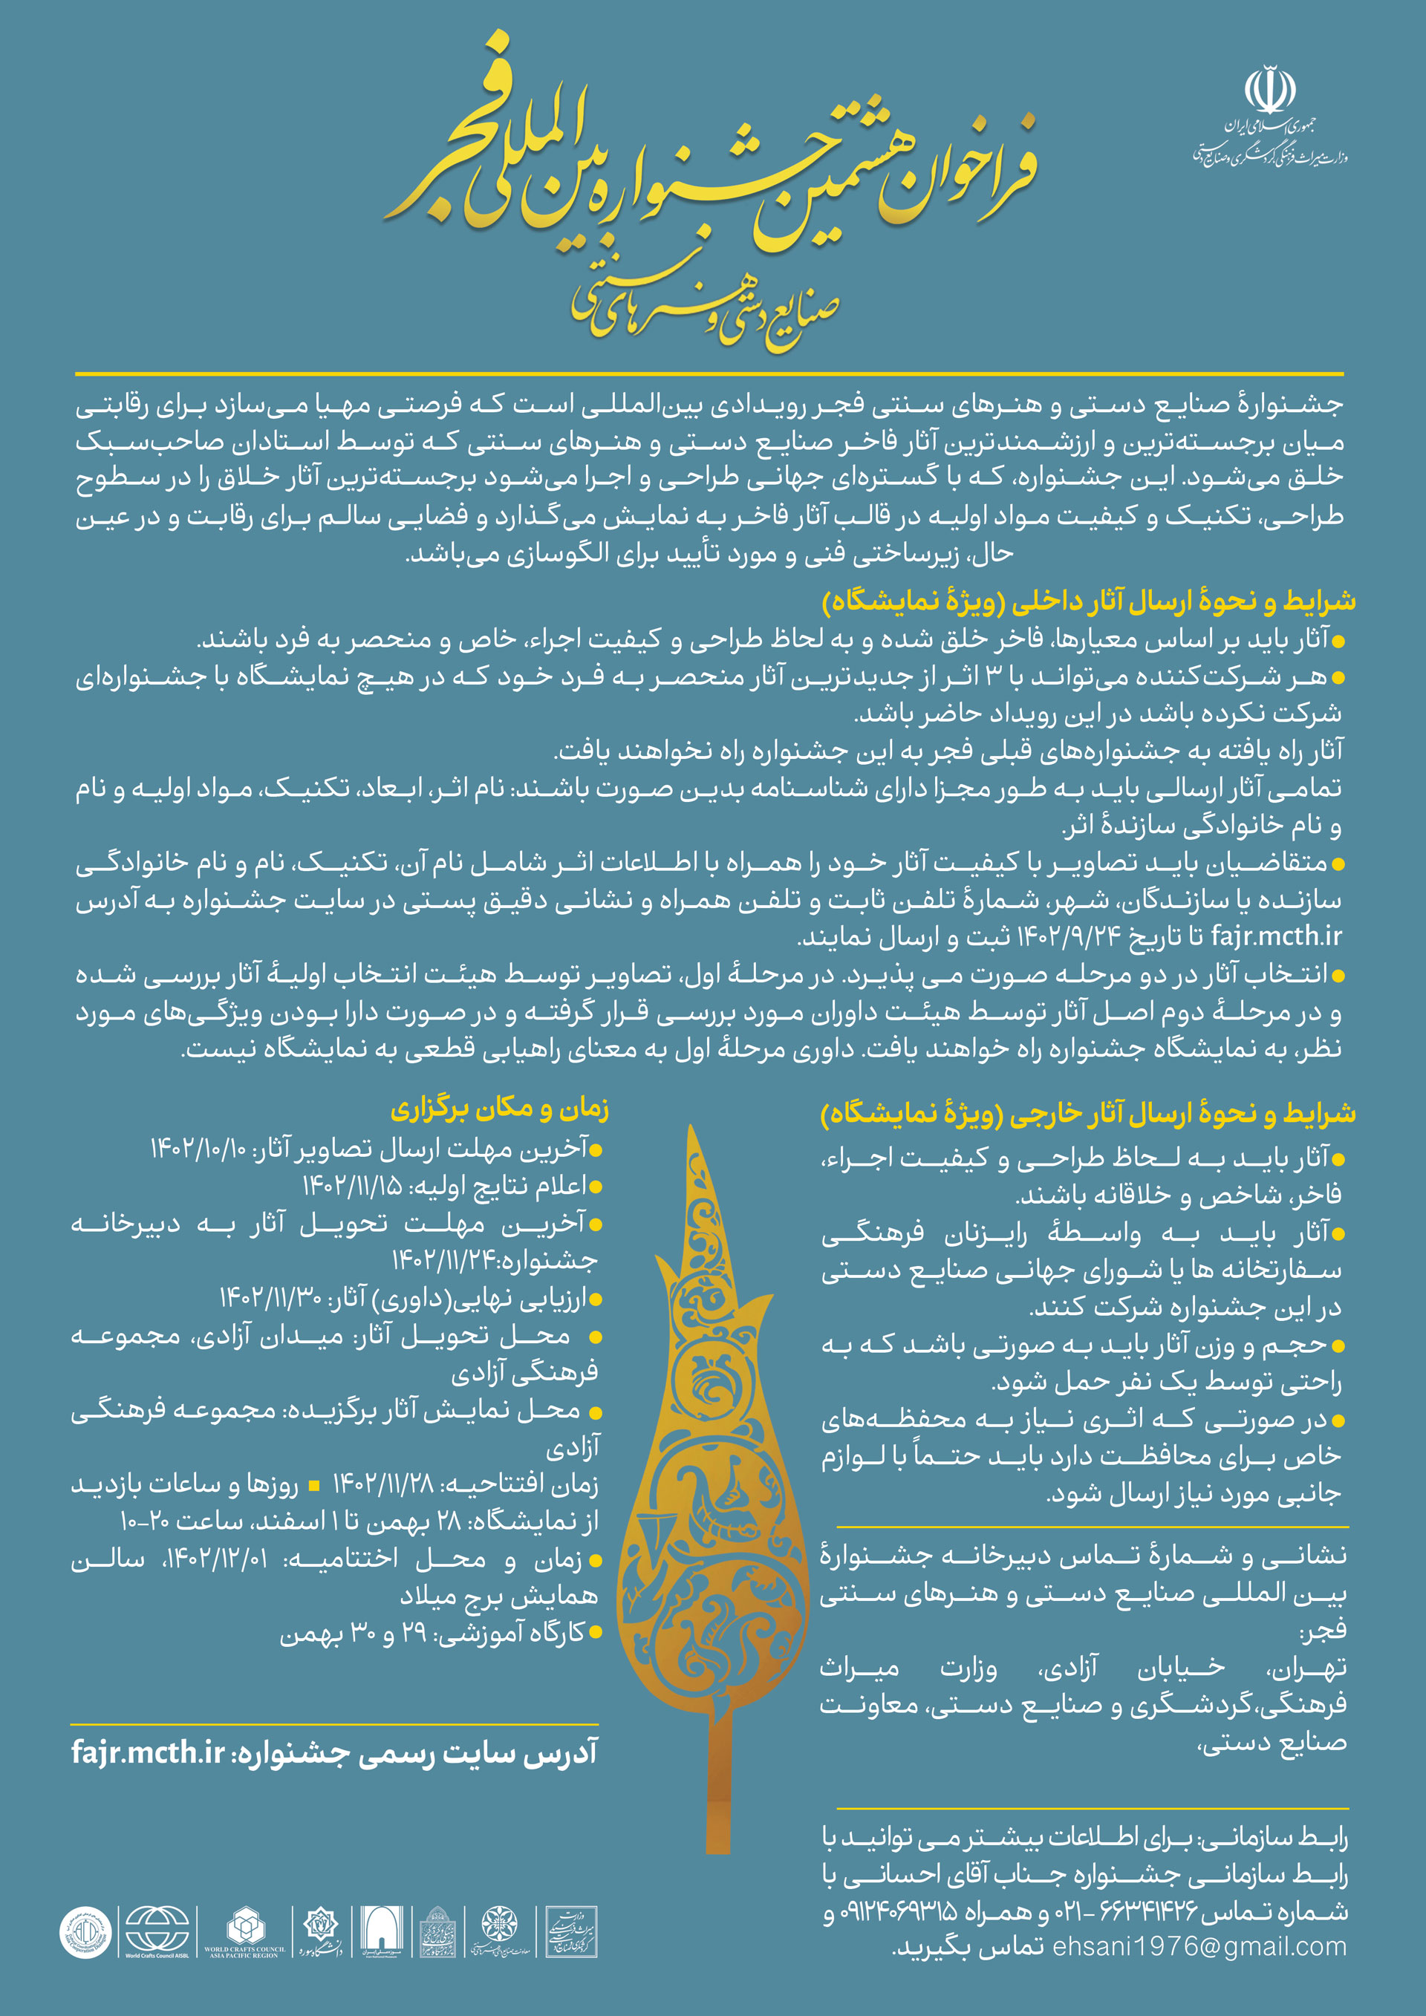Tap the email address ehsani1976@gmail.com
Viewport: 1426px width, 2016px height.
[x=1199, y=1947]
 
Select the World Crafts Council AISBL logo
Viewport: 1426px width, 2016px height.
[x=157, y=1931]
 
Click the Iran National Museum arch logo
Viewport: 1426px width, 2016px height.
[x=381, y=1931]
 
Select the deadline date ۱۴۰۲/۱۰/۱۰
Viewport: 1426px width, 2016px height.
[x=198, y=1149]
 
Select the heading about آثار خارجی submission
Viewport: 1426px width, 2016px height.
[x=1088, y=1113]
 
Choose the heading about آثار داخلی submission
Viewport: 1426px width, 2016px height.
[x=1089, y=601]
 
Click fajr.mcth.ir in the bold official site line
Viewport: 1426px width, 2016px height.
[x=149, y=1752]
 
